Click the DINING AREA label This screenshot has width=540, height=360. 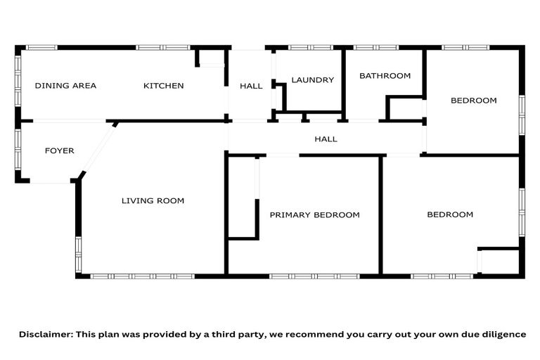(65, 86)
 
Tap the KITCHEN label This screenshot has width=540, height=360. (164, 86)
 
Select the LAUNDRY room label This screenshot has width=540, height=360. (312, 80)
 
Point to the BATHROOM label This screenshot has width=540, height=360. (385, 76)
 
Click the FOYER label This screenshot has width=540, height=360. (60, 151)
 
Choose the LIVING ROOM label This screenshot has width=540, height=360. (153, 201)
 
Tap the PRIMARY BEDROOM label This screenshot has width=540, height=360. (314, 215)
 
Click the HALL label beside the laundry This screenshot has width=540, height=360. (251, 86)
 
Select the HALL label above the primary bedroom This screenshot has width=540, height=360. (326, 139)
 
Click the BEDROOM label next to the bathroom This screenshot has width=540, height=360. (473, 101)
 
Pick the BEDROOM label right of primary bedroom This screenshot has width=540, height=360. (450, 214)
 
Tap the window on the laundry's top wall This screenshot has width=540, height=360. (309, 48)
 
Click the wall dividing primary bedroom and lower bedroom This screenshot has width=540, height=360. (381, 214)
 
